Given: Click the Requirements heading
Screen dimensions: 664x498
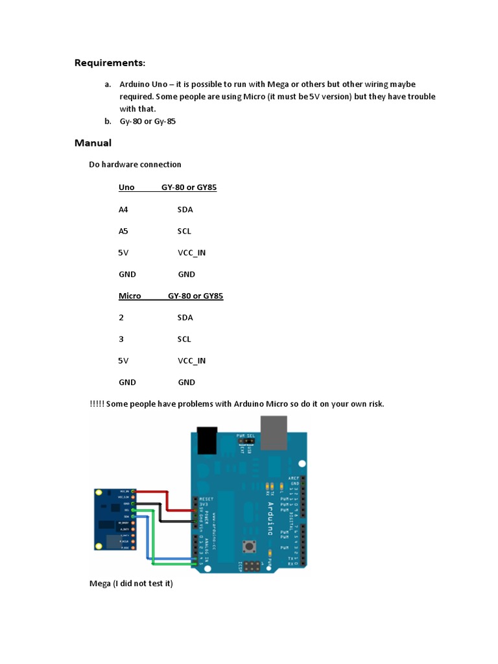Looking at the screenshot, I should [110, 63].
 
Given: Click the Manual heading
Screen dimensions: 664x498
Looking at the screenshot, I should [93, 143].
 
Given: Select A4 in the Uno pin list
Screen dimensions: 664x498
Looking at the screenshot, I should [123, 209].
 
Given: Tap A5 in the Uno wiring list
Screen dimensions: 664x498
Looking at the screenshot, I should [123, 231].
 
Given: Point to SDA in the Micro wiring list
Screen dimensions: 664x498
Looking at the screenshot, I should [185, 317].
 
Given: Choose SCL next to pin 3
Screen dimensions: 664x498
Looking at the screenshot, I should [184, 338].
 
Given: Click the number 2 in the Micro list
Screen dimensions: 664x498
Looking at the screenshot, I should [121, 317].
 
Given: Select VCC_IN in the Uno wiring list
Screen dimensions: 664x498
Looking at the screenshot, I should [191, 252].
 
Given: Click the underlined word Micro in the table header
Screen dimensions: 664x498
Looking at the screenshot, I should [130, 296].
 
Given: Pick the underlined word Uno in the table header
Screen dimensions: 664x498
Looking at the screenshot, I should [126, 187].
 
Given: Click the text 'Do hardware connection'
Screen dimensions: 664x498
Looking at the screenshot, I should [135, 164].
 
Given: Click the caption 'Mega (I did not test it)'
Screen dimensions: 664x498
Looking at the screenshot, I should [131, 584].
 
